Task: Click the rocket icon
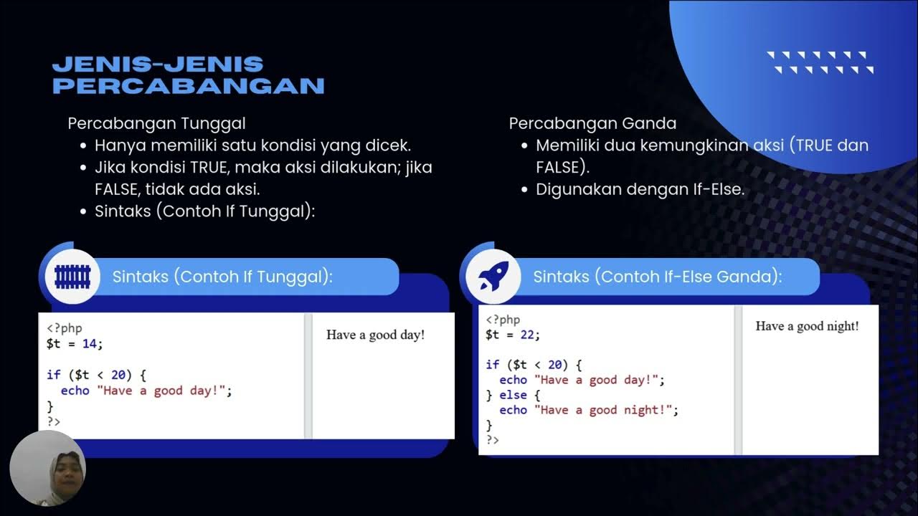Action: click(493, 277)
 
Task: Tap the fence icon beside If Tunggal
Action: click(72, 277)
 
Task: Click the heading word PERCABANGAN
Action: click(189, 86)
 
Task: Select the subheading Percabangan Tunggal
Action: click(156, 123)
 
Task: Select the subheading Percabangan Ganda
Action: click(592, 123)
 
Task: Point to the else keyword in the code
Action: click(513, 395)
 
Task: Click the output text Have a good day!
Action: click(375, 335)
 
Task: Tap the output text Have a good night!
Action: click(807, 326)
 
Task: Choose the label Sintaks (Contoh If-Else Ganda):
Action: click(657, 277)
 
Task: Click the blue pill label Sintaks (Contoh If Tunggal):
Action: click(222, 277)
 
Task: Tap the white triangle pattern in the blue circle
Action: click(820, 62)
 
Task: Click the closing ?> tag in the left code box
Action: click(54, 421)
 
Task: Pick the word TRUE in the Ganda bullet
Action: click(815, 145)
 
